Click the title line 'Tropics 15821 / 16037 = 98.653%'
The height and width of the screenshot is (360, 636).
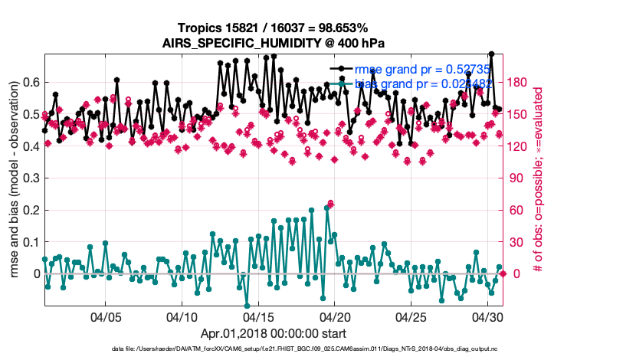(274, 28)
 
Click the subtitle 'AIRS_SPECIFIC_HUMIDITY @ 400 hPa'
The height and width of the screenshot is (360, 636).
(274, 43)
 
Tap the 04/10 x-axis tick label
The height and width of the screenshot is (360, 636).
(182, 316)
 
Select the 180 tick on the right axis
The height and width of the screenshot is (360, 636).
(520, 83)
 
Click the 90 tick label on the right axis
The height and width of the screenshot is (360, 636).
(517, 178)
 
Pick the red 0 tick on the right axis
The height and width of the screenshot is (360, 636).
(514, 273)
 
